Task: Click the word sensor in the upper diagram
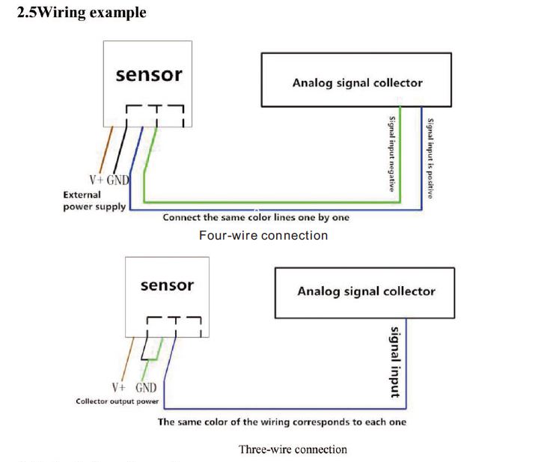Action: tap(148, 75)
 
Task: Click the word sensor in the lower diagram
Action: tap(167, 285)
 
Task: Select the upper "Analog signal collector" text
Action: tap(357, 82)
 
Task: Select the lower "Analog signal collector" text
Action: tap(366, 291)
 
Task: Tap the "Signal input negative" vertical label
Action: tap(391, 154)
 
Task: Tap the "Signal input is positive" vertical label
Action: tap(429, 157)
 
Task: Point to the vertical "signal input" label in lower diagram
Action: tap(395, 361)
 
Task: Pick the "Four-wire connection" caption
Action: tap(263, 235)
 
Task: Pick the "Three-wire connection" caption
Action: tap(293, 449)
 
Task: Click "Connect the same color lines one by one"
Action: tap(256, 218)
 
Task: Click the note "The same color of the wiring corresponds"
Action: tap(281, 422)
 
